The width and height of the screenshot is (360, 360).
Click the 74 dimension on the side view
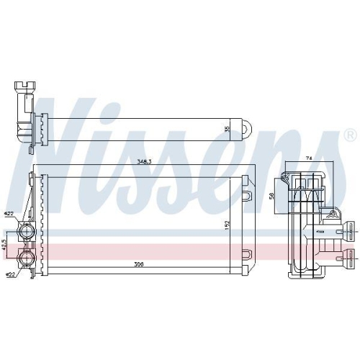308,158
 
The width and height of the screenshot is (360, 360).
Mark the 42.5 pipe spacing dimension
5,245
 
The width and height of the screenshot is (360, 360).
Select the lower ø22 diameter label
9,274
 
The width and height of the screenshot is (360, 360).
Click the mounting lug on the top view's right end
246,130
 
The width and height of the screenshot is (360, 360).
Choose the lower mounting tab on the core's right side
246,253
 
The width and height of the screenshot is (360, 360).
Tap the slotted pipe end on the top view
21,89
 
